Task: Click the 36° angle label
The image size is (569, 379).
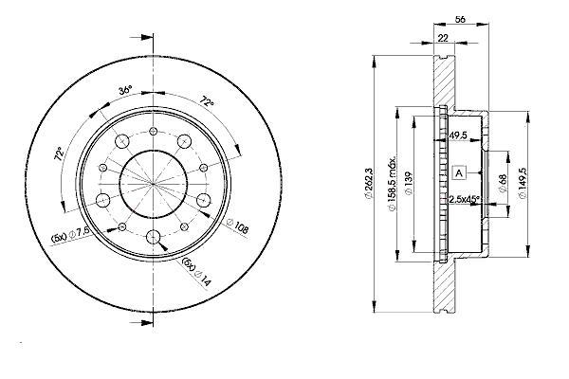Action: click(125, 90)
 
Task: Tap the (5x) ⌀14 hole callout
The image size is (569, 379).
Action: click(196, 272)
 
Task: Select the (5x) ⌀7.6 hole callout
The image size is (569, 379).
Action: click(70, 235)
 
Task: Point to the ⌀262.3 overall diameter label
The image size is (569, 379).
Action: click(369, 183)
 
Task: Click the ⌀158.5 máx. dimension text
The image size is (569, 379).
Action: click(392, 184)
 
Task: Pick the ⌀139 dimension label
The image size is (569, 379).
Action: click(409, 184)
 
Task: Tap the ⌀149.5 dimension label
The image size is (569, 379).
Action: click(523, 184)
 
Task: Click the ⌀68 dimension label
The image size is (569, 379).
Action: click(503, 184)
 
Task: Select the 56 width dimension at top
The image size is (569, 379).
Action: click(460, 19)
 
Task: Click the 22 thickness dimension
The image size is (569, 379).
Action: click(443, 37)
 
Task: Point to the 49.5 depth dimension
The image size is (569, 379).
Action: click(458, 135)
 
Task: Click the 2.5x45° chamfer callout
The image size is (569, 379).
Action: click(465, 199)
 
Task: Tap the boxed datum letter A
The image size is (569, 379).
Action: click(459, 173)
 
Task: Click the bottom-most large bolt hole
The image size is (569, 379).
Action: click(153, 238)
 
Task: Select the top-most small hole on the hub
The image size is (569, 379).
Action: click(153, 131)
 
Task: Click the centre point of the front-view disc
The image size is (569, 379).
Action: click(153, 184)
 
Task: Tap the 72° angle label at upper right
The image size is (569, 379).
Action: click(207, 101)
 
